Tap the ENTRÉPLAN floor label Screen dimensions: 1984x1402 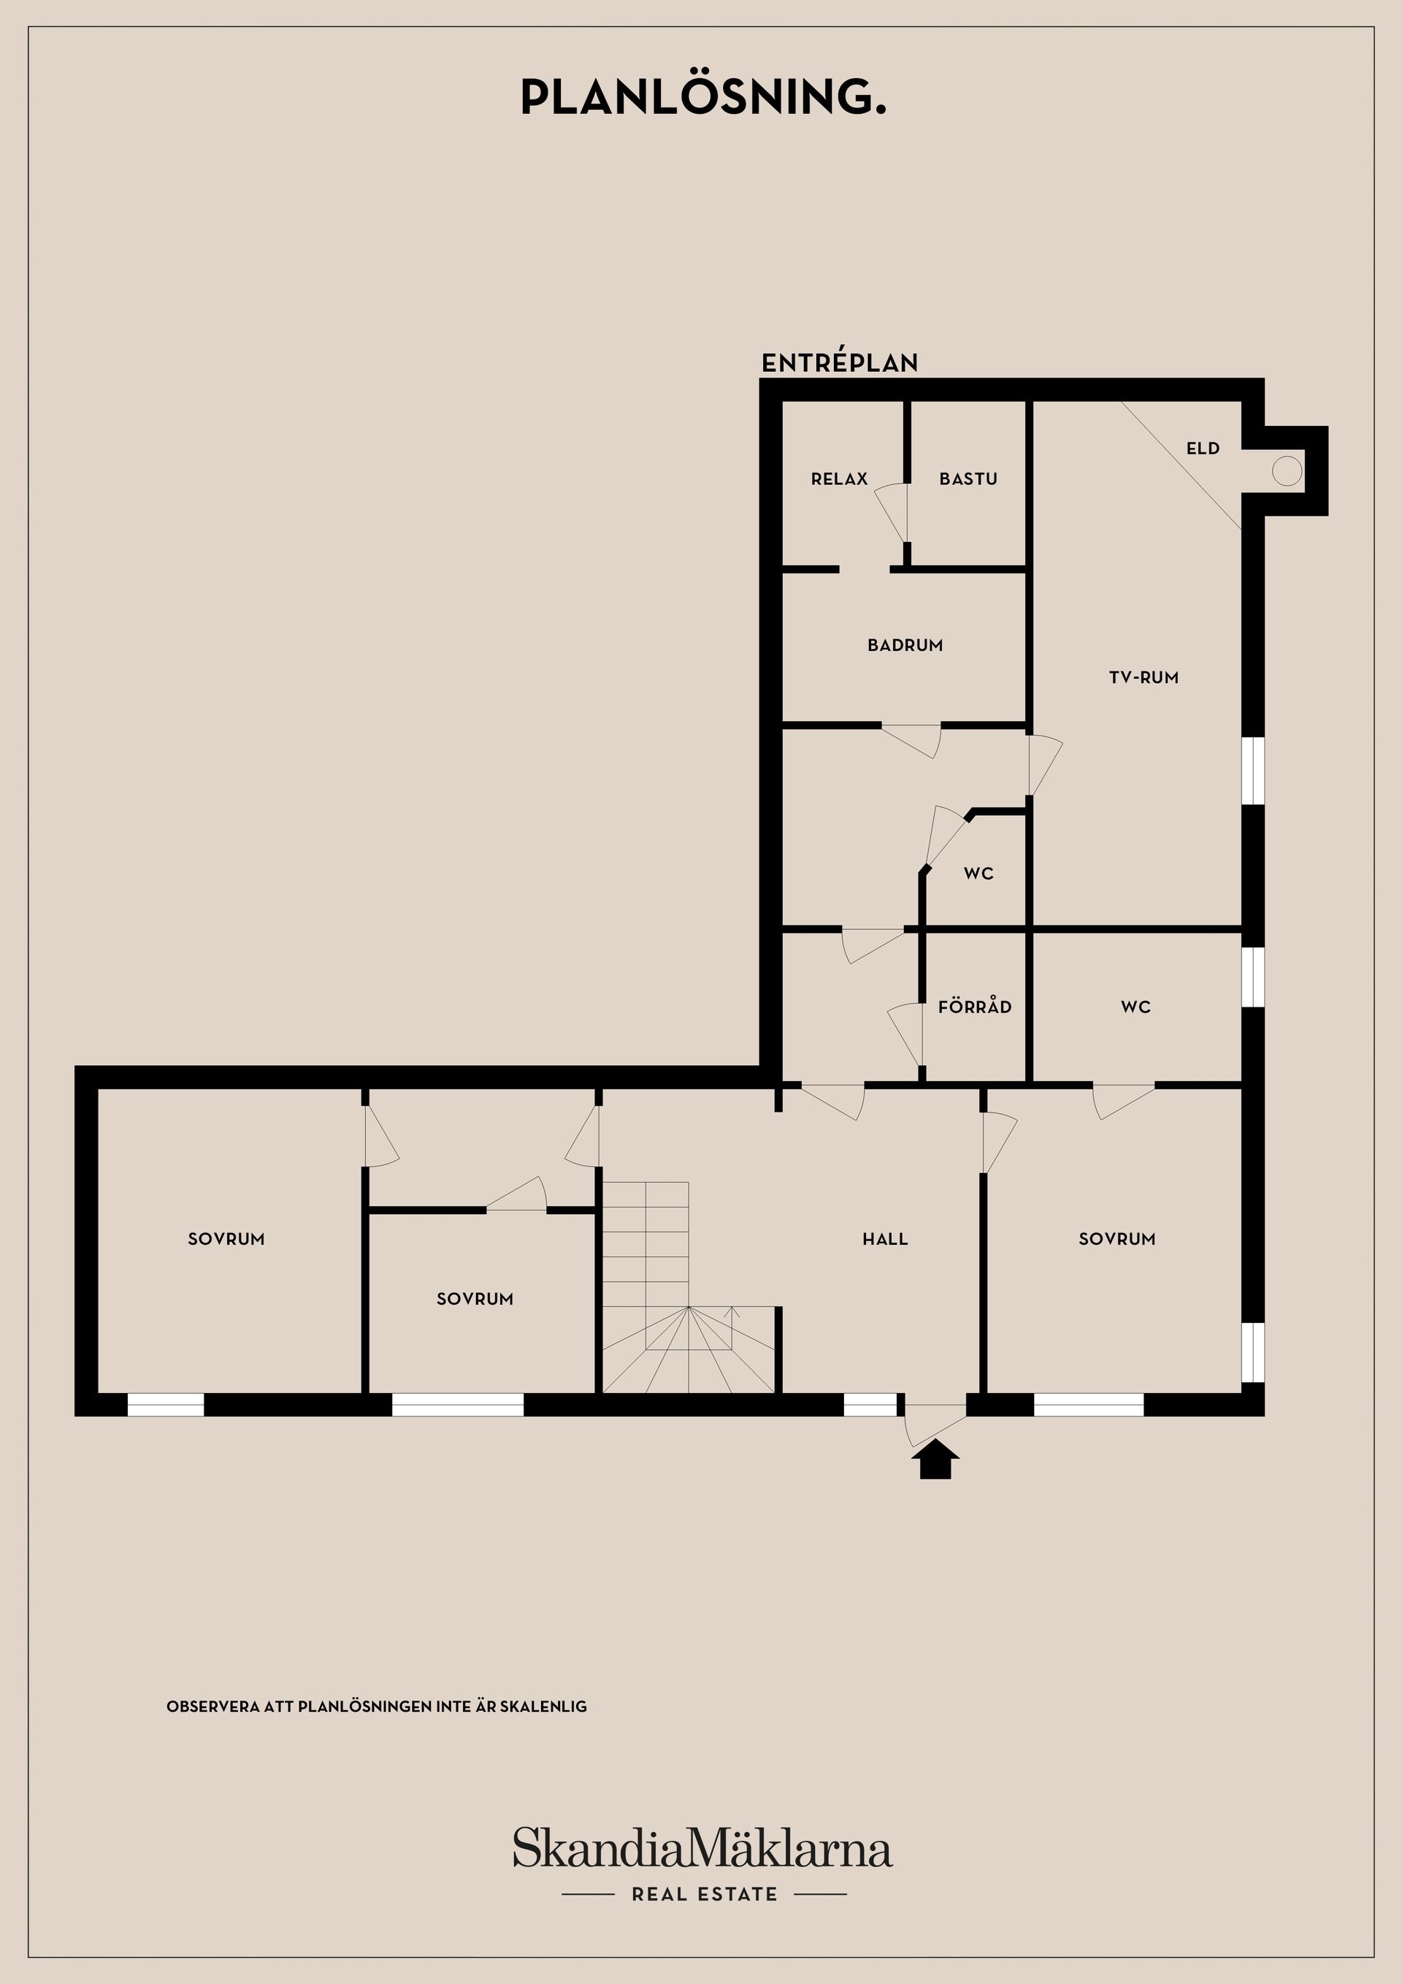(x=839, y=363)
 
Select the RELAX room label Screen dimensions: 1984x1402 (x=839, y=478)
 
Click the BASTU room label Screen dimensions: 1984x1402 (x=968, y=478)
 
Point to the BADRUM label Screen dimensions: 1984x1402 (x=905, y=644)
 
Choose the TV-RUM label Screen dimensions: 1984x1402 (x=1144, y=677)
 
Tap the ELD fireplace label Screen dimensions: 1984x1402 (x=1203, y=449)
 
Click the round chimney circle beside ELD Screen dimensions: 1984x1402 (x=1286, y=471)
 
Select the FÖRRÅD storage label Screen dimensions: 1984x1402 (x=974, y=1007)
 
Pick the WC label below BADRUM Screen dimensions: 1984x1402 (x=978, y=874)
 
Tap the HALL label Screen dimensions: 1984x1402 (x=884, y=1239)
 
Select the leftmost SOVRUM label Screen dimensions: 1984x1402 (x=226, y=1239)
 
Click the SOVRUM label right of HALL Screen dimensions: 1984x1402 (x=1117, y=1239)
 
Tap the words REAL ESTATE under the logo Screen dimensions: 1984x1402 (x=704, y=1894)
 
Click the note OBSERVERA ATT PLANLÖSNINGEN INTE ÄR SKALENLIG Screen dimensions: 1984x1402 (x=377, y=1706)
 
